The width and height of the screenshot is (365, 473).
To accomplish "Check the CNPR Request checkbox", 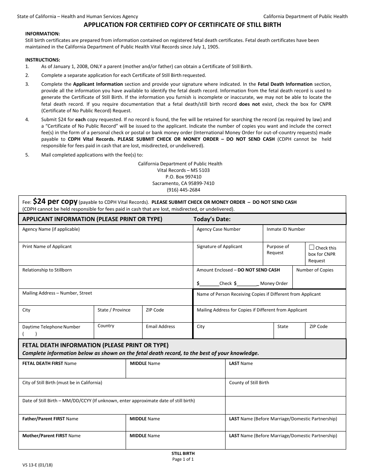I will (312, 247).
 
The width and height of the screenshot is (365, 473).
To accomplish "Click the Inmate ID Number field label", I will (285, 229).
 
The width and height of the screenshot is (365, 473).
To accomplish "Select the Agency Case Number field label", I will (218, 229).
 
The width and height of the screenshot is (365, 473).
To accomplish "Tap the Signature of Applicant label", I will (219, 246).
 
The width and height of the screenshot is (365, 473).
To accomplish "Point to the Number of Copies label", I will (315, 270).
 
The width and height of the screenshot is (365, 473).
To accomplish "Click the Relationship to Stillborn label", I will (47, 270).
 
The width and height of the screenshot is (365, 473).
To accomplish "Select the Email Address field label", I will (160, 326).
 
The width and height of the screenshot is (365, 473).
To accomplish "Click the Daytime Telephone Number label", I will (51, 327).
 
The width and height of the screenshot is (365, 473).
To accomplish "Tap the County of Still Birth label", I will (249, 383).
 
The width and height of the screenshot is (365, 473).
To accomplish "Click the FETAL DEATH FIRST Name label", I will (49, 363).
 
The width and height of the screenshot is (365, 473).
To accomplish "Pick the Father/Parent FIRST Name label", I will (50, 419).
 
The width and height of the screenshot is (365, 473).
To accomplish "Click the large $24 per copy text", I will (55, 201).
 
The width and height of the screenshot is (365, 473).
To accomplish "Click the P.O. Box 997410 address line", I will (180, 177).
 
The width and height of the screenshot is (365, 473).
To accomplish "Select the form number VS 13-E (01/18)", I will (37, 465).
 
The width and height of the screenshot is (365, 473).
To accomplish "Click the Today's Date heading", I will (212, 219).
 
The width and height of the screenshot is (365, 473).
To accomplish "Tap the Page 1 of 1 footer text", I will (183, 459).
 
